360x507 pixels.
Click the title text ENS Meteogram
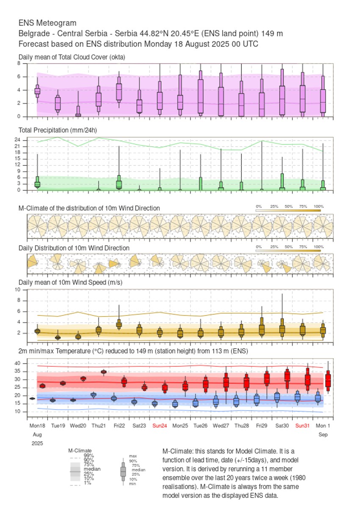(x=47, y=23)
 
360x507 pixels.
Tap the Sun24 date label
(x=159, y=425)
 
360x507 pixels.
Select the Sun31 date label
(x=302, y=425)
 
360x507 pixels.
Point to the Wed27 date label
(x=221, y=425)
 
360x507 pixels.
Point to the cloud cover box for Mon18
(x=37, y=91)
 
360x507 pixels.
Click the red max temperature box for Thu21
(x=104, y=372)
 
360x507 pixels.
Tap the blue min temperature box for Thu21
(x=94, y=395)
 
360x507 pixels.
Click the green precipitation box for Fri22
(x=119, y=184)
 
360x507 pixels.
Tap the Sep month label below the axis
(x=323, y=435)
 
